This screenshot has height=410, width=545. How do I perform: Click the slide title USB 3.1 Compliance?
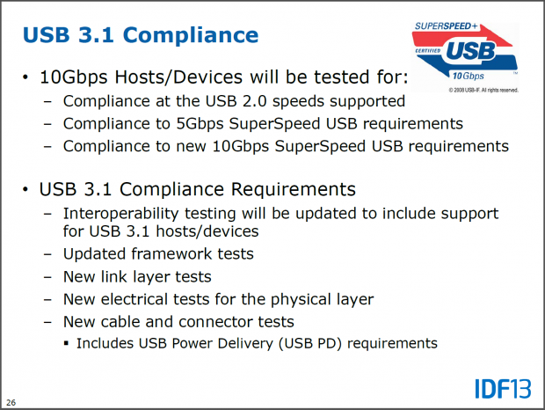(141, 35)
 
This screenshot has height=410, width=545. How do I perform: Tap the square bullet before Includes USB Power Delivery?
(67, 343)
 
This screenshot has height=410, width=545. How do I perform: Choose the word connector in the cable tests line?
(210, 322)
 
